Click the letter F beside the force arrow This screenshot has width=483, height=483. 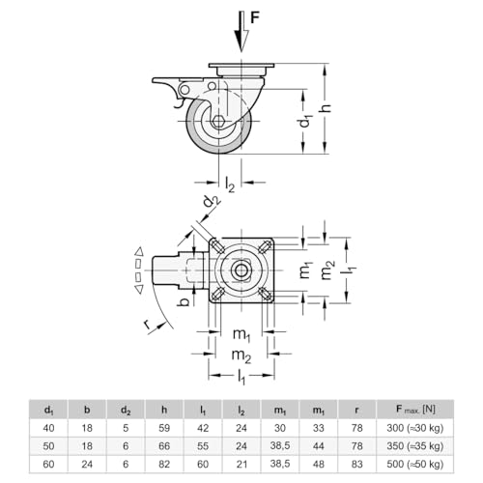pyautogui.click(x=254, y=18)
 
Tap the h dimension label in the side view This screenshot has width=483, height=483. pyautogui.click(x=327, y=108)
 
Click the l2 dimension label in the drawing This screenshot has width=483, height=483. pyautogui.click(x=230, y=185)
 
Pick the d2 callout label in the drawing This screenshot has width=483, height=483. pyautogui.click(x=212, y=201)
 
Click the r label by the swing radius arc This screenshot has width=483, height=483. pyautogui.click(x=148, y=325)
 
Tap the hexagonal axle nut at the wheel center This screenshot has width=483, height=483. pyautogui.click(x=218, y=122)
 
